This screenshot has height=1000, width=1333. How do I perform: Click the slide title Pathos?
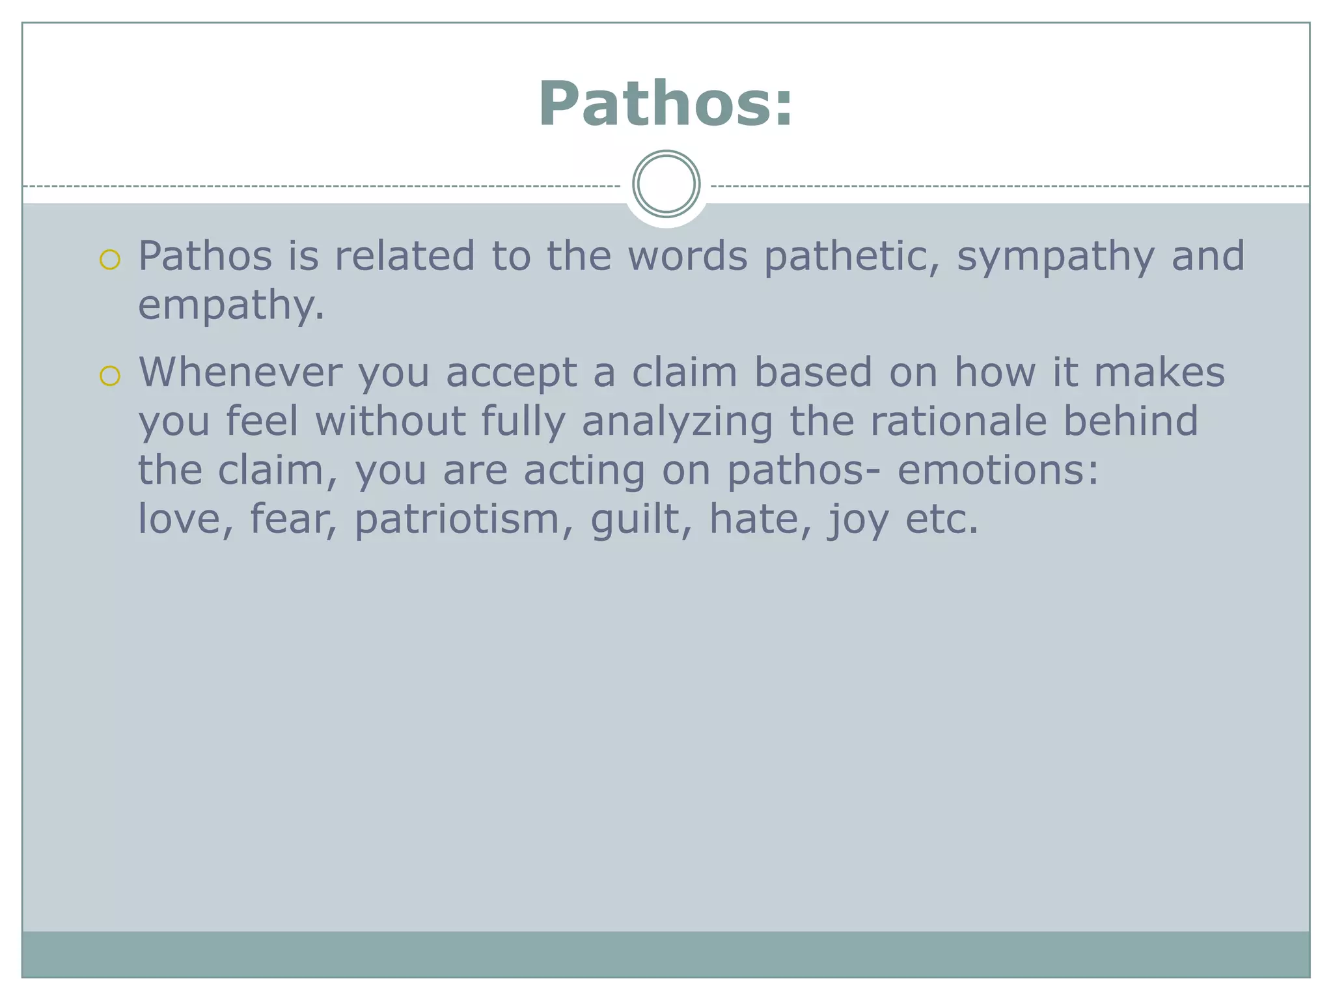(665, 104)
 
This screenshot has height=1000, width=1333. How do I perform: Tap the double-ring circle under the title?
(666, 184)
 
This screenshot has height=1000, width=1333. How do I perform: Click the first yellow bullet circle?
(110, 260)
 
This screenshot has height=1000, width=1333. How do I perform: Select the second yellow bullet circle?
(110, 376)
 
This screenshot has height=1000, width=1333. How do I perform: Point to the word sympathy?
(1055, 257)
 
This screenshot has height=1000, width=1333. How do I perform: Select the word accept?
(511, 374)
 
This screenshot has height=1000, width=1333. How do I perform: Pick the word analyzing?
(677, 422)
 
